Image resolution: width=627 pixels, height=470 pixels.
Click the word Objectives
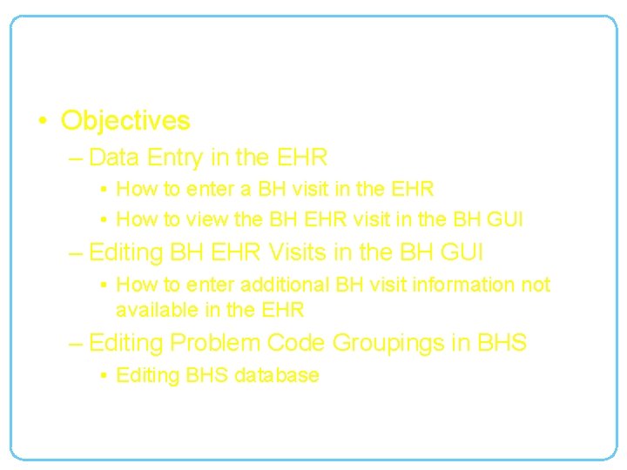[x=125, y=120]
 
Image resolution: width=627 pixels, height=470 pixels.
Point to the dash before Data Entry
[x=77, y=158]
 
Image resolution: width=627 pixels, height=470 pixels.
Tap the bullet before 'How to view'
[x=103, y=219]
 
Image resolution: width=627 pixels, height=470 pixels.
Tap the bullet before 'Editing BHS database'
[x=103, y=376]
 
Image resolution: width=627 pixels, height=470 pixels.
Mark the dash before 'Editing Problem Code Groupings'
[x=77, y=344]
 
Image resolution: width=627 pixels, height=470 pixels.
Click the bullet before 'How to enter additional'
[x=103, y=285]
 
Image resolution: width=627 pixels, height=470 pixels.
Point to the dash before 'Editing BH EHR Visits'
[x=77, y=254]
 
